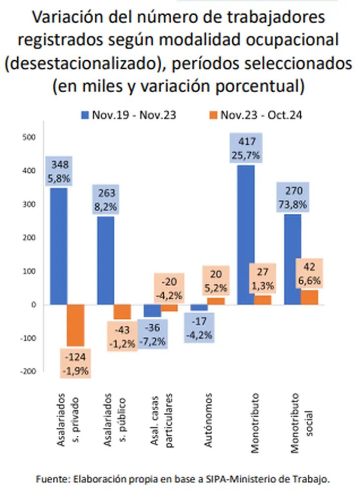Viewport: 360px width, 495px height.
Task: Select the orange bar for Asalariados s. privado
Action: pyautogui.click(x=76, y=325)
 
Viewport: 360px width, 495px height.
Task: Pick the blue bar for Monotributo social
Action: pyautogui.click(x=293, y=259)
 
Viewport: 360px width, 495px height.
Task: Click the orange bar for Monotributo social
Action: pyautogui.click(x=309, y=297)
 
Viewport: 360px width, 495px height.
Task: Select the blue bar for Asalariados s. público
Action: pyautogui.click(x=106, y=260)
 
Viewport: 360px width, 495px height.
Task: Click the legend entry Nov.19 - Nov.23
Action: pyautogui.click(x=129, y=115)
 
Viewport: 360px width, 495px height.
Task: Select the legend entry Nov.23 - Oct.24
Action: pyautogui.click(x=255, y=115)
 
